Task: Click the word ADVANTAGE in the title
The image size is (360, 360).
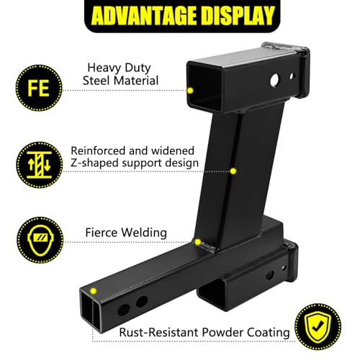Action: point(144,16)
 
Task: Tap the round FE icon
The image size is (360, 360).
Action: point(39,88)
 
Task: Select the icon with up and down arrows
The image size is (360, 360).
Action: point(40,165)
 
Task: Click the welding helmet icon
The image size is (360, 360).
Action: point(40,240)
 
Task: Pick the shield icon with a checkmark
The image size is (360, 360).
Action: point(318,326)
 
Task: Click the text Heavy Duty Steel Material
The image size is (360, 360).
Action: point(120,74)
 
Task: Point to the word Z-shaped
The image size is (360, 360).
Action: point(94,163)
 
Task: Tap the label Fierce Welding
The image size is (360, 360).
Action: point(126,233)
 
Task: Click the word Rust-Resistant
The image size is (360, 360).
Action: point(159,333)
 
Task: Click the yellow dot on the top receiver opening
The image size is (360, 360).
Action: point(190,91)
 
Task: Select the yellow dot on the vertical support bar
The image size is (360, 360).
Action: point(233,171)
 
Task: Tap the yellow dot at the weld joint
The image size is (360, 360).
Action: point(198,242)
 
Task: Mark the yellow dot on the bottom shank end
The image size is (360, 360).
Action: point(94,291)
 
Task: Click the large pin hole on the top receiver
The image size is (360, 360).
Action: point(275,80)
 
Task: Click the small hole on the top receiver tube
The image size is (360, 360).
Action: point(292,76)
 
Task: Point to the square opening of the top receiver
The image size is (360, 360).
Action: point(204,88)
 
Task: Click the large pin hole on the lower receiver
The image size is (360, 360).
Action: point(270,276)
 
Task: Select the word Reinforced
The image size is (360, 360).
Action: point(99,151)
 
